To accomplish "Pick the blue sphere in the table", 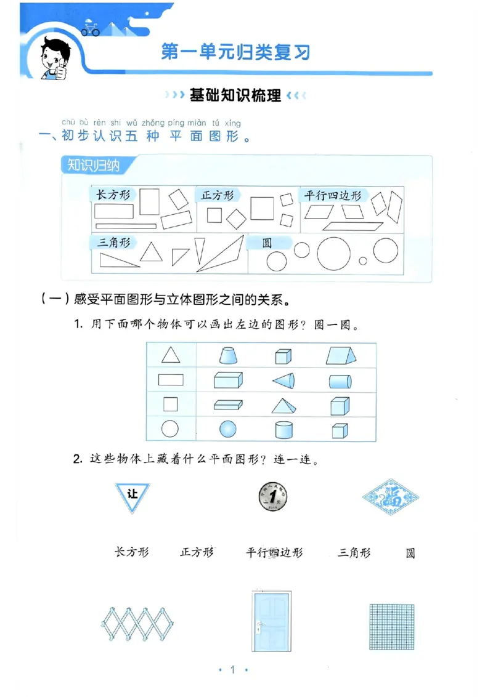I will pyautogui.click(x=228, y=429).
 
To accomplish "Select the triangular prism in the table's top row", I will pyautogui.click(x=343, y=355).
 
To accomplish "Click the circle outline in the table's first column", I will pyautogui.click(x=170, y=429).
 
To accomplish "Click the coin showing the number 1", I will pyautogui.click(x=273, y=496).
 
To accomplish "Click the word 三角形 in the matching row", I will pyautogui.click(x=354, y=552).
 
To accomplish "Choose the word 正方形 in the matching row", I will pyautogui.click(x=197, y=552).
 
